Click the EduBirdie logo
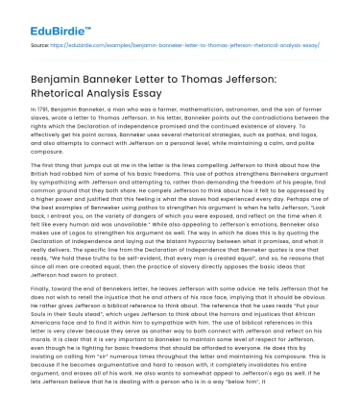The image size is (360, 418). [39, 14]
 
